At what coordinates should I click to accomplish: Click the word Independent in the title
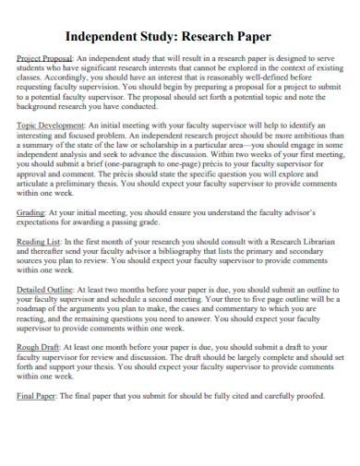pos(105,37)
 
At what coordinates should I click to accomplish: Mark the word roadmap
pos(38,309)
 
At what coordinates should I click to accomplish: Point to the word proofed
pos(305,395)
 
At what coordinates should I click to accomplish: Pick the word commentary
pos(254,309)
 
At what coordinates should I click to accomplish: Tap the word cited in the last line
pos(230,395)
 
